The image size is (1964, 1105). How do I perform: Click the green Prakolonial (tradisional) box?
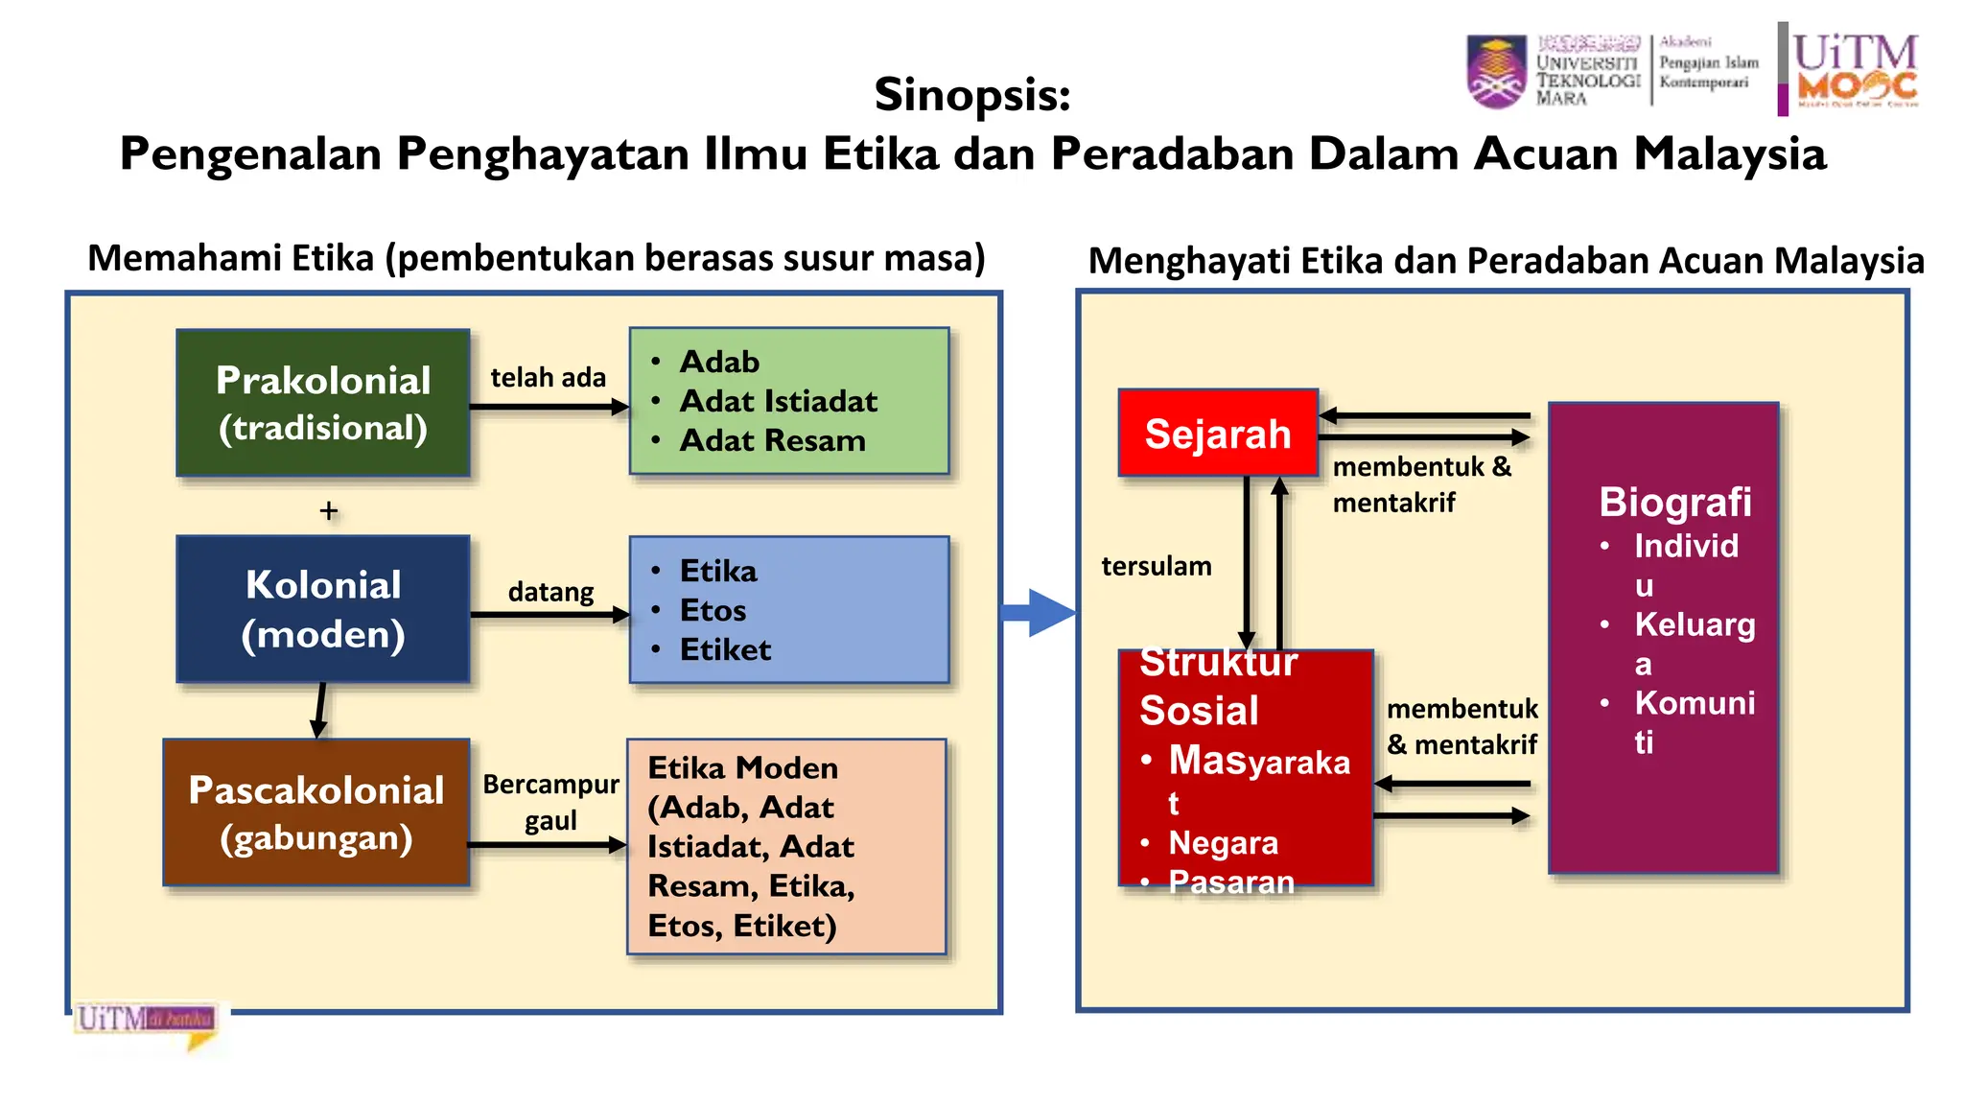(x=323, y=403)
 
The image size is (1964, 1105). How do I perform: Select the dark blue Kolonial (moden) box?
(x=323, y=609)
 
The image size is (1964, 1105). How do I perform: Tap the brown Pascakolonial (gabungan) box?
(x=316, y=812)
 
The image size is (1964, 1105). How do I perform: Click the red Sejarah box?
(x=1218, y=434)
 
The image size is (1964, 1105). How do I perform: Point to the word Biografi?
(x=1674, y=502)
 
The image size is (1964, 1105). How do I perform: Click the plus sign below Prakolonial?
(x=328, y=510)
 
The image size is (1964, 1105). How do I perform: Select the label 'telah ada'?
(x=548, y=378)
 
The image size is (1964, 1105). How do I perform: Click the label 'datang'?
(x=550, y=592)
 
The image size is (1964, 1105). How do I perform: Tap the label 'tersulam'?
(x=1156, y=566)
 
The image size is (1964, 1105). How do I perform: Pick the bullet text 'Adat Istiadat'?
(x=778, y=401)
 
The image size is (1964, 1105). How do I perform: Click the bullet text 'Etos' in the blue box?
(x=713, y=610)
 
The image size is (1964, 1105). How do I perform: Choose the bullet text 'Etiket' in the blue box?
(x=725, y=649)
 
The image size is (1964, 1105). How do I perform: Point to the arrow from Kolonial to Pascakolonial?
(x=320, y=710)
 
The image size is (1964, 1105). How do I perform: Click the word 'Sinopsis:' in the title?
(x=971, y=94)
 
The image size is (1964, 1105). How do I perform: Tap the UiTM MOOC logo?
(x=1854, y=69)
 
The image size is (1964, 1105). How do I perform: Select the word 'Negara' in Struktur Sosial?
(x=1223, y=842)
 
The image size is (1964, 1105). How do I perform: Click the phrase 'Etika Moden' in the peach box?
(x=742, y=767)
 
